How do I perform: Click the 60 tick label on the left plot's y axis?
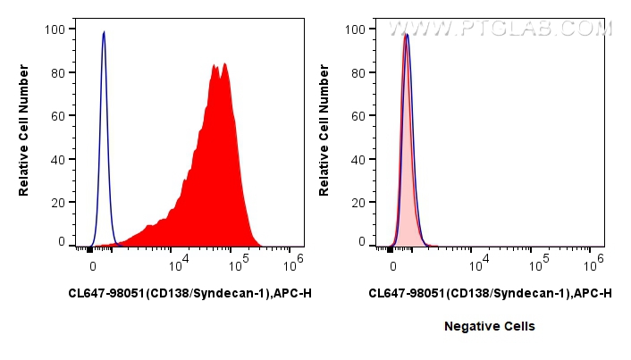(x=57, y=114)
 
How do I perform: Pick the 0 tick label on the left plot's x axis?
(x=92, y=266)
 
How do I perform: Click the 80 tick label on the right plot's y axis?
(x=358, y=71)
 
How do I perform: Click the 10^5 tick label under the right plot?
(x=537, y=265)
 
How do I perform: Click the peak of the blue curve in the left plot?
(x=104, y=32)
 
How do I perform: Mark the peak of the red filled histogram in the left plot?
(x=224, y=63)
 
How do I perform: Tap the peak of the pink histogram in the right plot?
(x=404, y=35)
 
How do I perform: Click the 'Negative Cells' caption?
(x=490, y=327)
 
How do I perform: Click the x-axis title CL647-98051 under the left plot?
(x=189, y=293)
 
